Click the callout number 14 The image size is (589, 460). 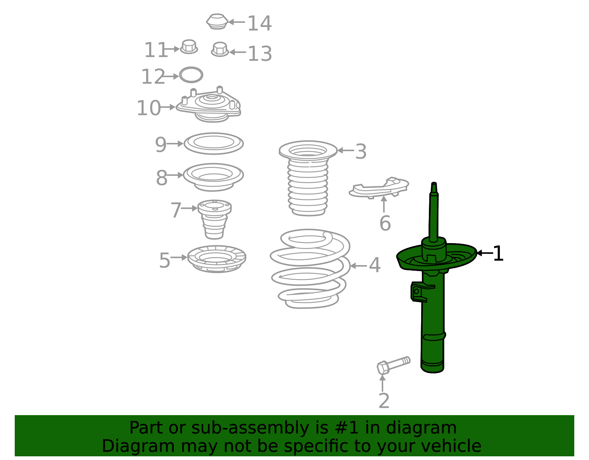(x=260, y=24)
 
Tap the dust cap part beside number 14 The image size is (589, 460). (x=217, y=21)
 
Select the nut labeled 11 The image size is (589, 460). (x=189, y=47)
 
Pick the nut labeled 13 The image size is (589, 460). (x=220, y=49)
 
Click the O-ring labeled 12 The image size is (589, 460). (x=191, y=75)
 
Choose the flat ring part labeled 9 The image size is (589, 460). (x=214, y=143)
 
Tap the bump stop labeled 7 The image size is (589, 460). (x=215, y=219)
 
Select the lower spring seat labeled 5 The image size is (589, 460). (x=217, y=259)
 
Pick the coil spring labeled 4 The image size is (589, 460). (x=310, y=269)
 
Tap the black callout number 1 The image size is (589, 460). (x=498, y=254)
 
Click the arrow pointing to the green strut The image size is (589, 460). (x=484, y=253)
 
